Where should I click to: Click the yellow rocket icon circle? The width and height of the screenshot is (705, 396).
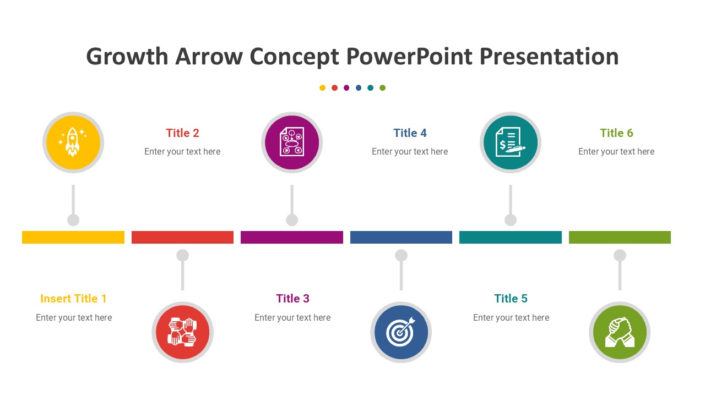73,142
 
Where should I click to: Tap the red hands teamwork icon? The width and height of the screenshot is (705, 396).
182,332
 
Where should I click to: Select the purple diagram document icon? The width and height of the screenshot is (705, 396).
292,142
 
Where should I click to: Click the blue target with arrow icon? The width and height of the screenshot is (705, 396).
401,332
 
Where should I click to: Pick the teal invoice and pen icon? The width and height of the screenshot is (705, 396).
511,142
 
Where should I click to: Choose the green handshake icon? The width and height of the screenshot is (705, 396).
620,332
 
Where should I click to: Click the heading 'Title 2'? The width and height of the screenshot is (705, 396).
182,133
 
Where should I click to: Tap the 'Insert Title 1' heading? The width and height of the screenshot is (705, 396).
73,299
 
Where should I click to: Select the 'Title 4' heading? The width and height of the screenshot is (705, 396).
410,133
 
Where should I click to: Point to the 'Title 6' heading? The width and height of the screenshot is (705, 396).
616,133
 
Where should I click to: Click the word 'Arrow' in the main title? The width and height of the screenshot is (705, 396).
209,57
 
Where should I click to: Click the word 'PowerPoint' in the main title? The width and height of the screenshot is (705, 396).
409,57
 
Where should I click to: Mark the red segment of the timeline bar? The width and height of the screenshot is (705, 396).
182,237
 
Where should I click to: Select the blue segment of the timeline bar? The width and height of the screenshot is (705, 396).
401,237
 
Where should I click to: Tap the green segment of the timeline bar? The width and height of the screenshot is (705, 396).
620,237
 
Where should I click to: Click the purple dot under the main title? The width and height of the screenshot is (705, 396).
346,87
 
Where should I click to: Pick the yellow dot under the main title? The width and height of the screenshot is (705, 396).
322,87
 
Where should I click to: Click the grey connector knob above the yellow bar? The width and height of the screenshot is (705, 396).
73,220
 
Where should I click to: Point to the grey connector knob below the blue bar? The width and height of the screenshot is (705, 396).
401,255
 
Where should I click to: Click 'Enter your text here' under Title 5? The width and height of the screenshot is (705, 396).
511,318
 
